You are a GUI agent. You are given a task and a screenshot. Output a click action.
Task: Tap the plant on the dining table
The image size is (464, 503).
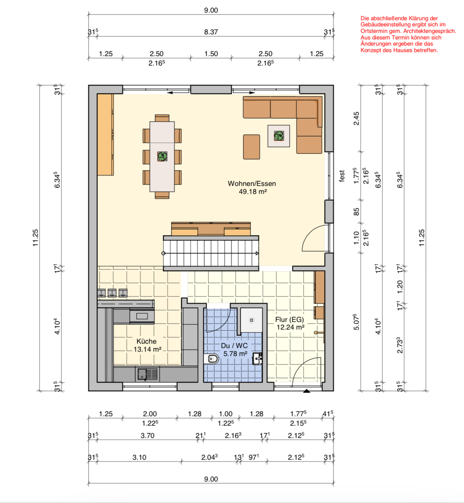(x=162, y=156)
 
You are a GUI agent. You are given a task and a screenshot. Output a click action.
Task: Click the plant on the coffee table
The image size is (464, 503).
(x=279, y=136)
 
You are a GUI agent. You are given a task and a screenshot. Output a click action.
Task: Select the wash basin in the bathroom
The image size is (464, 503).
(x=257, y=359)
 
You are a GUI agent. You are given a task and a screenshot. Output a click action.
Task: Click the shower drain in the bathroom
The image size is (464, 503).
(x=251, y=320)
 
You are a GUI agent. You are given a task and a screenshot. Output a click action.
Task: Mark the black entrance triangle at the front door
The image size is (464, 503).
(x=306, y=391)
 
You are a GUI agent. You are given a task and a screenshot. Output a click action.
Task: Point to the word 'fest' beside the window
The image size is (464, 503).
(x=342, y=176)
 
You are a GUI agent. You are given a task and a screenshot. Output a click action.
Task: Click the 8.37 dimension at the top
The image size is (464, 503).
(x=211, y=32)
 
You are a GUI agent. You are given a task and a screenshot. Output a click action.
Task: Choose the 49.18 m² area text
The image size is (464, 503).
(x=253, y=191)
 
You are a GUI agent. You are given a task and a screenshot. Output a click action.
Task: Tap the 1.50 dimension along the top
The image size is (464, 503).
(x=211, y=54)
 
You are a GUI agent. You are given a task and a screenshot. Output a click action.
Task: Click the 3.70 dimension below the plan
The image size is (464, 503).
(x=147, y=436)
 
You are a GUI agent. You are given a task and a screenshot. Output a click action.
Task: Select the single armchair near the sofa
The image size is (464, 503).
(x=251, y=147)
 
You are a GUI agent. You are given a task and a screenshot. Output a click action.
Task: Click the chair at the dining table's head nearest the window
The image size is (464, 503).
(x=162, y=118)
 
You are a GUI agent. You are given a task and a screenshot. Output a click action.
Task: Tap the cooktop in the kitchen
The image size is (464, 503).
(x=142, y=317)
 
